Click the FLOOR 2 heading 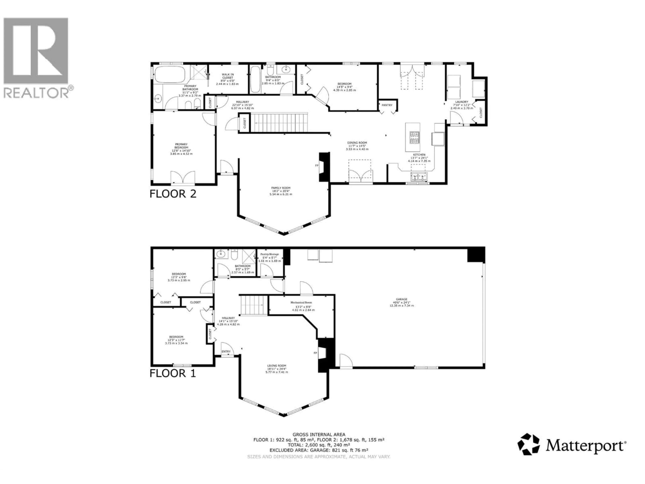[x=173, y=194]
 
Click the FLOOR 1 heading [x=173, y=373]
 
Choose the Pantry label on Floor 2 [x=387, y=105]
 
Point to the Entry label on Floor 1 [x=226, y=352]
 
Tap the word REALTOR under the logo [x=36, y=93]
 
